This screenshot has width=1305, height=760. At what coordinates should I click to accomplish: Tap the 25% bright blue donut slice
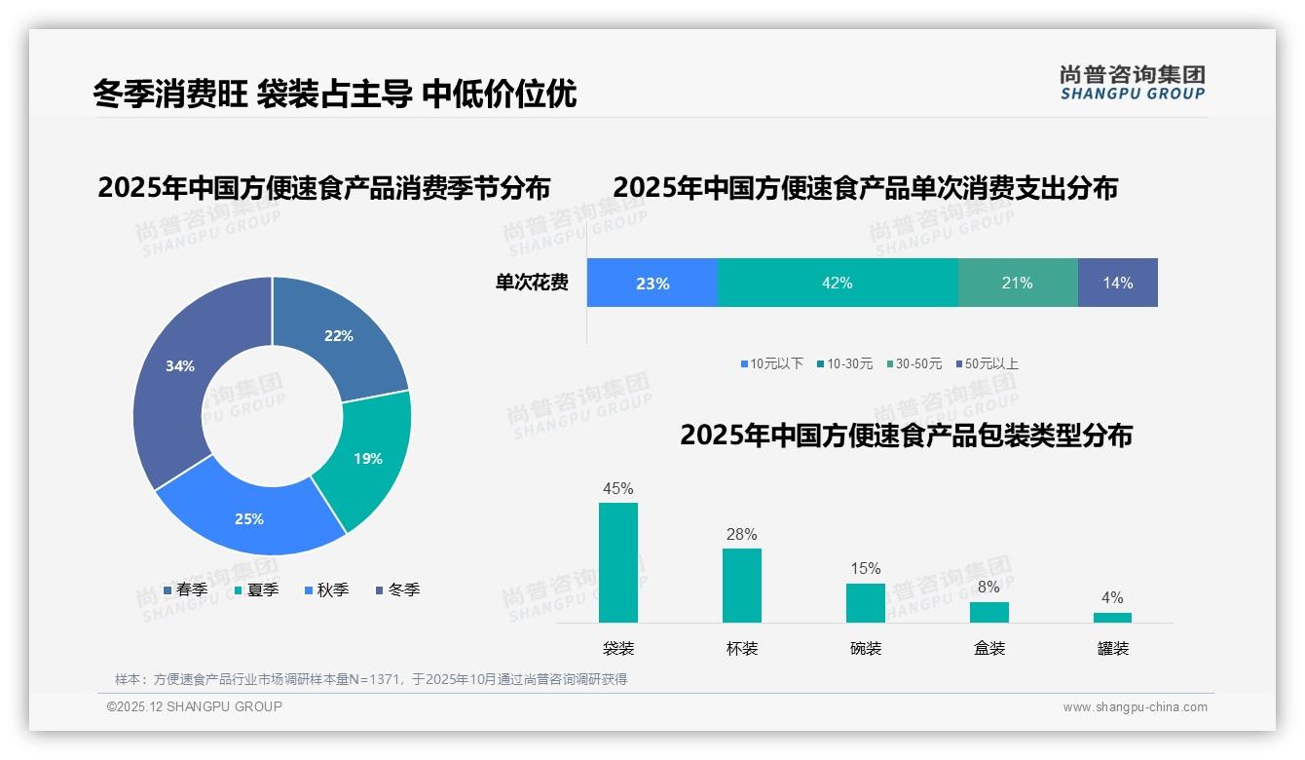point(249,518)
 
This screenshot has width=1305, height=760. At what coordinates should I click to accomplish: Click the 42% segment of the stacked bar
point(838,283)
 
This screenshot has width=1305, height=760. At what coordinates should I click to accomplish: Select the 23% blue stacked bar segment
point(652,283)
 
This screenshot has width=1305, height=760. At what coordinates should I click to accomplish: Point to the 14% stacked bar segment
point(1118,283)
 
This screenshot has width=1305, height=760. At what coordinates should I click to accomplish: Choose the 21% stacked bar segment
point(1018,283)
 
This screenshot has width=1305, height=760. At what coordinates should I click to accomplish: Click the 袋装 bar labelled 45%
point(618,562)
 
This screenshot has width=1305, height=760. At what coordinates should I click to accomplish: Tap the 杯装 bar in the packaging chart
point(742,585)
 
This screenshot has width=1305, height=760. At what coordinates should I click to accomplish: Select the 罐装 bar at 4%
point(1112,617)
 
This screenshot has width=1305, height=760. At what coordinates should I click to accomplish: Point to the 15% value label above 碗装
point(865,568)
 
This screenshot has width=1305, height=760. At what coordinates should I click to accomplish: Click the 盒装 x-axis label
point(989,648)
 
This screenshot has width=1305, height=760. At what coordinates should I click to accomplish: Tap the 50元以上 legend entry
point(990,363)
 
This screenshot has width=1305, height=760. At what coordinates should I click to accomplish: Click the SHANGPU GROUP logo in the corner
point(1133,83)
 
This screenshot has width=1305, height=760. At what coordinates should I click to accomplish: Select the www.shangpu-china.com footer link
point(1135,707)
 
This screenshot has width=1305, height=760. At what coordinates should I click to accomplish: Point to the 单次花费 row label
point(532,283)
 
